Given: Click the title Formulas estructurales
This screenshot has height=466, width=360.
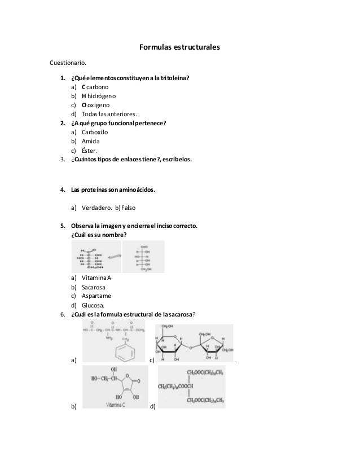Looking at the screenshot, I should tap(179, 46).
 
